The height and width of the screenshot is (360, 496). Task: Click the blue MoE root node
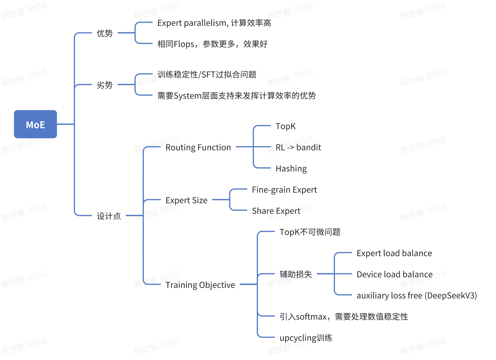[x=35, y=124]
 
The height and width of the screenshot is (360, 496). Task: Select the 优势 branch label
[x=104, y=33]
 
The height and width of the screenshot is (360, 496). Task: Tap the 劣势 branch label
[x=104, y=85]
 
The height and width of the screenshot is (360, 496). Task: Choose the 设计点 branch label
[x=109, y=216]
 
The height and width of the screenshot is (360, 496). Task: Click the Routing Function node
[x=198, y=147]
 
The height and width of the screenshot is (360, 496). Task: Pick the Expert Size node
[x=186, y=200]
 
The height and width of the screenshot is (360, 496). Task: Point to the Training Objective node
[x=200, y=285]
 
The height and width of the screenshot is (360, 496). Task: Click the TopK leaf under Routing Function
[x=285, y=126]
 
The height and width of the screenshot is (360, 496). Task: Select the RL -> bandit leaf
[x=298, y=147]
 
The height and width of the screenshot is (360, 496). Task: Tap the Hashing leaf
[x=291, y=169]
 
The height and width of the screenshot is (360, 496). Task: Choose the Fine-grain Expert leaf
[x=284, y=190]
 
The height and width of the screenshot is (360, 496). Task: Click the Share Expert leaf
[x=276, y=211]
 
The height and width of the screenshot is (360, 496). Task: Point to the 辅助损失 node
[x=296, y=274]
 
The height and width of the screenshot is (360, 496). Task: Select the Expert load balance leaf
[x=394, y=253]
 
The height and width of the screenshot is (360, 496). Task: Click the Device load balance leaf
[x=394, y=274]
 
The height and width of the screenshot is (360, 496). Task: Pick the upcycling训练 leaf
[x=306, y=338]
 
